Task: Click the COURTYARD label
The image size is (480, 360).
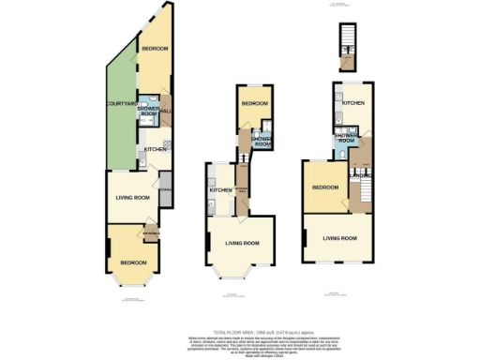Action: (118, 102)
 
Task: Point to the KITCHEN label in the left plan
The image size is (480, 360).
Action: (154, 149)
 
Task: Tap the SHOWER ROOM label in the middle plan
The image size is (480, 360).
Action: (263, 142)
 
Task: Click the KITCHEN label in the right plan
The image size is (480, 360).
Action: (353, 101)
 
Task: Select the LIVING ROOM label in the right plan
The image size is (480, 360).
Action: (339, 239)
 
